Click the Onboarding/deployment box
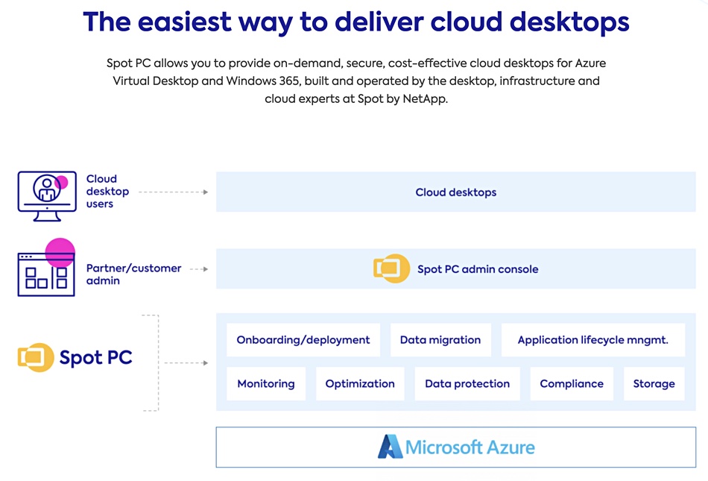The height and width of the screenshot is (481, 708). click(x=303, y=339)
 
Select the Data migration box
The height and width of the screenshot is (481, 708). click(x=440, y=339)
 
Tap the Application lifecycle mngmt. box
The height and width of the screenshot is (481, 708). click(x=593, y=339)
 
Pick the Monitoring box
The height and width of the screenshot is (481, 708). click(x=266, y=383)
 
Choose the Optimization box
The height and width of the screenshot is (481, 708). click(x=360, y=383)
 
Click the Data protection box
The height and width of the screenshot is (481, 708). click(x=467, y=383)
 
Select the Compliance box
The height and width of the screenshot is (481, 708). click(x=572, y=383)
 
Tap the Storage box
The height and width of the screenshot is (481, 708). click(x=654, y=383)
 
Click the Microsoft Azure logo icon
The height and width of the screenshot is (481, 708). click(x=390, y=447)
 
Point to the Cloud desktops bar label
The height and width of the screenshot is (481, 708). click(x=455, y=192)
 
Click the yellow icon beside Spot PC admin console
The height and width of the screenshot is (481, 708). click(x=391, y=268)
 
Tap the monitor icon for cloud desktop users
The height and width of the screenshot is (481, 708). click(x=47, y=196)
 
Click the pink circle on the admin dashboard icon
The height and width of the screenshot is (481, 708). click(x=60, y=253)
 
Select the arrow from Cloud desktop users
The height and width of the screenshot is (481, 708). click(x=174, y=192)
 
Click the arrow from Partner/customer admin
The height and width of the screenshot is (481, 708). click(x=199, y=268)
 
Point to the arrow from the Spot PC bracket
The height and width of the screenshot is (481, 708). click(x=186, y=362)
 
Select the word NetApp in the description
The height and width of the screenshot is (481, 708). click(x=425, y=98)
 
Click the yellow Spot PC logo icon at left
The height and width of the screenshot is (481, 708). click(x=36, y=357)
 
